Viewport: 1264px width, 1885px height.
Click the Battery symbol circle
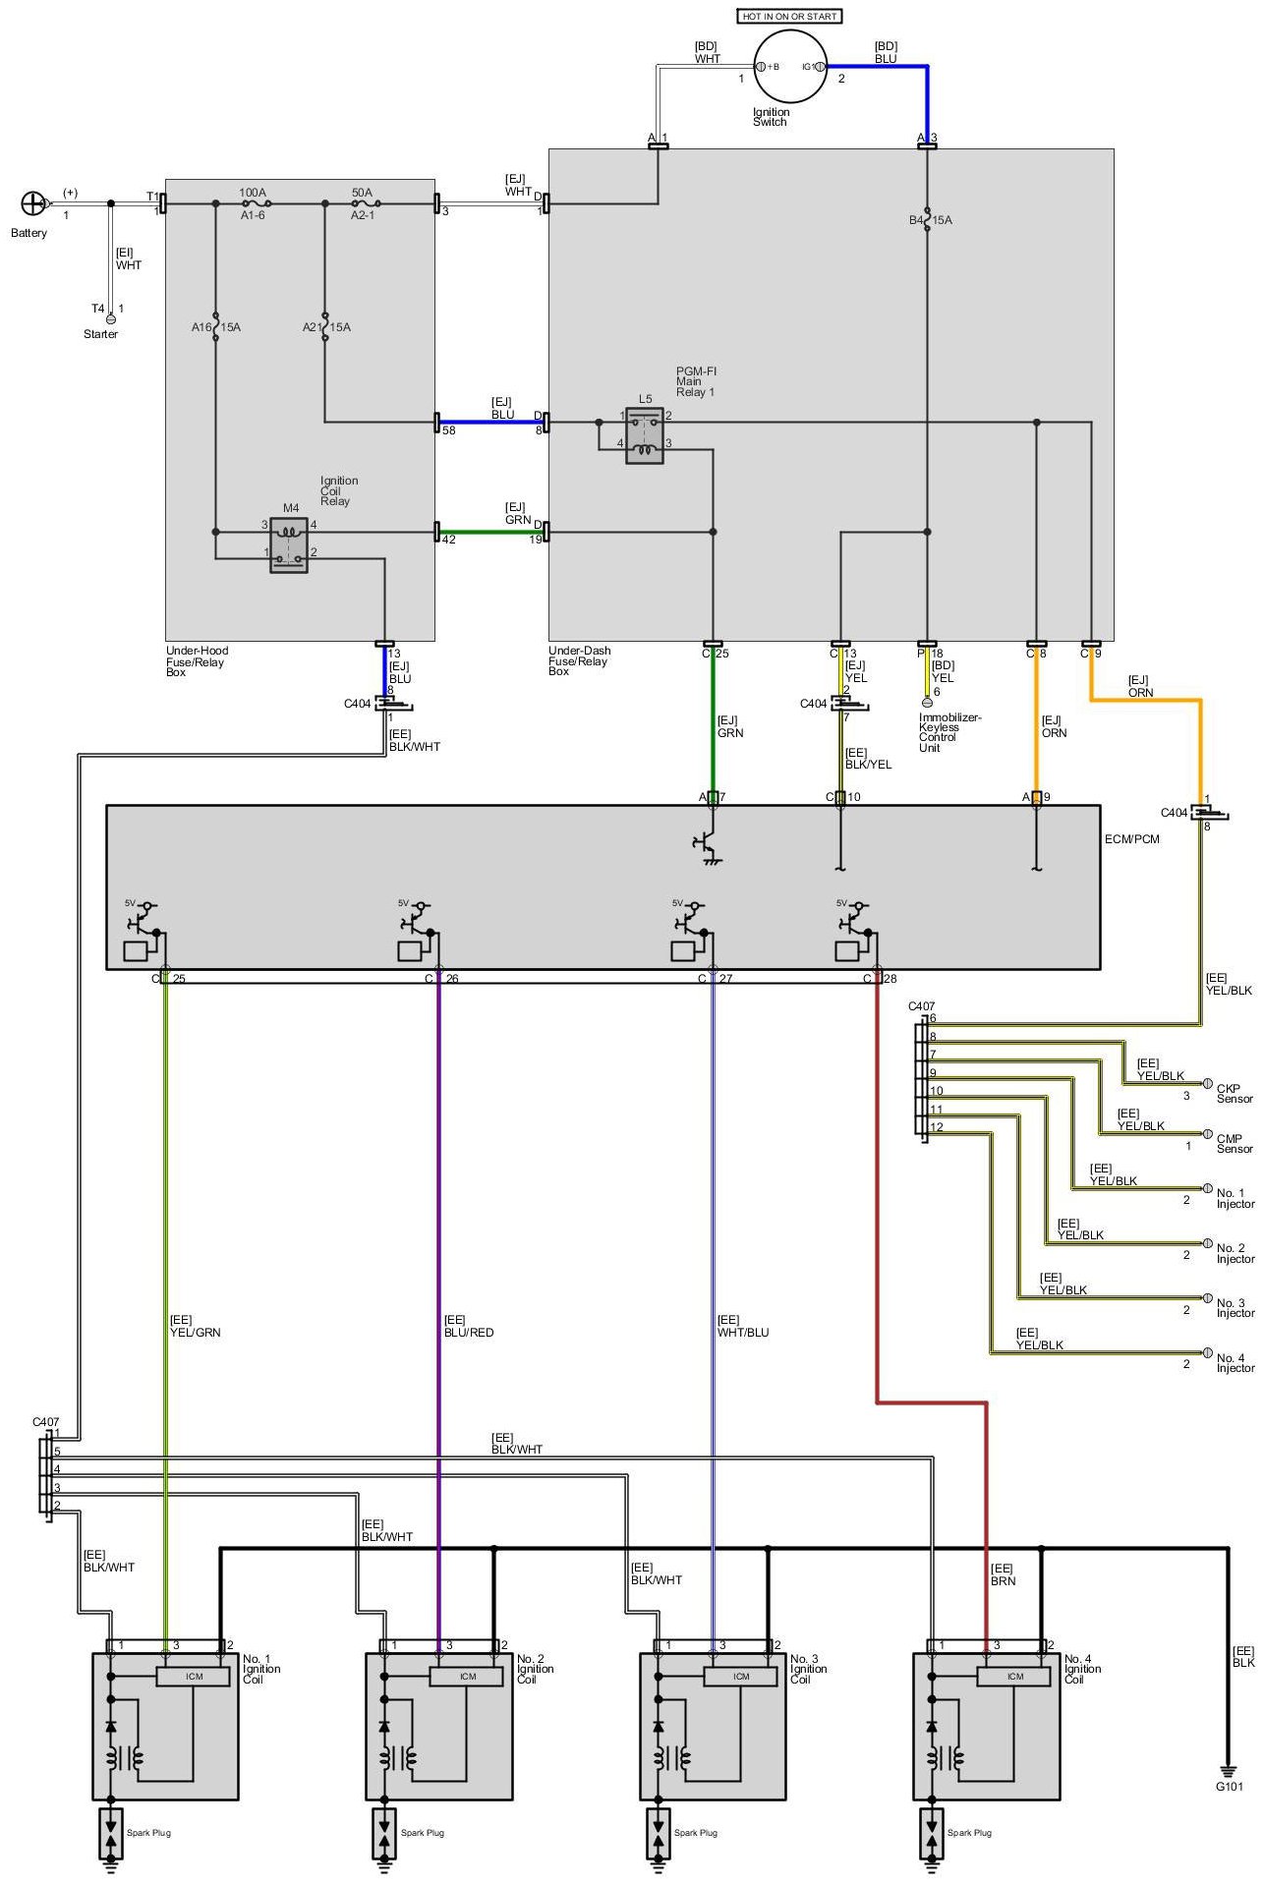coord(33,203)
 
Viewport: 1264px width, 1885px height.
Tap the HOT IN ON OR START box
coord(790,16)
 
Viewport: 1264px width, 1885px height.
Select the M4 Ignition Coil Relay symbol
coord(289,544)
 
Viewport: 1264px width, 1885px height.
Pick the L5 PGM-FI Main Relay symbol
coord(645,435)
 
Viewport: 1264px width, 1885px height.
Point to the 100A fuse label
coord(253,193)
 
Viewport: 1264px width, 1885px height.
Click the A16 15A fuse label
coord(215,326)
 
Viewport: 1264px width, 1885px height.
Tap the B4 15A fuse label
coord(930,220)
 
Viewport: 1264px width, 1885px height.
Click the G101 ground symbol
coord(1228,1768)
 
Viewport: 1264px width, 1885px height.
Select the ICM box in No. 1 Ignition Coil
coord(195,1676)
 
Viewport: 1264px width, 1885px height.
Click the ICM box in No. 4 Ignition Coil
coord(1015,1676)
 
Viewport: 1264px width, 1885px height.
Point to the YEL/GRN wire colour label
coord(196,1333)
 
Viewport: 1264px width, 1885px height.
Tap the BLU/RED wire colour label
coord(469,1333)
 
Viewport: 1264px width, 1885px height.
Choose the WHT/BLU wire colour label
coord(743,1333)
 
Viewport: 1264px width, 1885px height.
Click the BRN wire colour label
coord(1004,1581)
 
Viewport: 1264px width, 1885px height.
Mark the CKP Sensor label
coord(1235,1094)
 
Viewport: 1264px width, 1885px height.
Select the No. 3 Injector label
coord(1235,1308)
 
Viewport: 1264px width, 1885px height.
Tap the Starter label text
coord(100,334)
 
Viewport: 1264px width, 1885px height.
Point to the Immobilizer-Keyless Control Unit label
coord(949,732)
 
